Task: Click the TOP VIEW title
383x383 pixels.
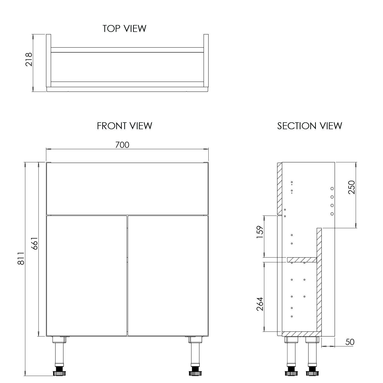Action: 124,29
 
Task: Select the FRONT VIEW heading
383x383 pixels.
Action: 124,126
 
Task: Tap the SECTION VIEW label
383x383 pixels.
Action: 309,126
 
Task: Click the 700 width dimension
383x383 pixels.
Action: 122,145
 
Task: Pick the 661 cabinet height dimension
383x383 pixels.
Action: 35,244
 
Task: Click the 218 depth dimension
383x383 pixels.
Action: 29,59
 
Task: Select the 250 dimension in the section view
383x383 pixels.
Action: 352,187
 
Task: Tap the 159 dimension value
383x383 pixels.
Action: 260,232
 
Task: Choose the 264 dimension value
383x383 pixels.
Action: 260,304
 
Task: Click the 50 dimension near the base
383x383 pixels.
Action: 350,342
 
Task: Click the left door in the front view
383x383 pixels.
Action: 87,276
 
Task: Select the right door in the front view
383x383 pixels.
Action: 168,276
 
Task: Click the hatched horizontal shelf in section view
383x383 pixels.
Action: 302,260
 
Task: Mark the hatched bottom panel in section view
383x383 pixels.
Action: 301,334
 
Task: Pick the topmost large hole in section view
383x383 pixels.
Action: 332,188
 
